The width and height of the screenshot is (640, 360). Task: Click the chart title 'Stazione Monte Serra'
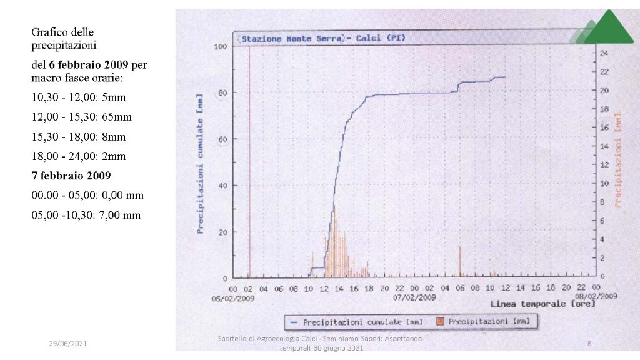(x=292, y=39)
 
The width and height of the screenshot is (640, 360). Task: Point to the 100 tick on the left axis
(x=219, y=47)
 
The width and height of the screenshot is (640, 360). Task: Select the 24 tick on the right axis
(x=604, y=53)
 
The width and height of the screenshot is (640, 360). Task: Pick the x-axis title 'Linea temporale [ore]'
(x=542, y=304)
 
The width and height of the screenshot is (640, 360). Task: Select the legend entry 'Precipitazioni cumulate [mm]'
(x=362, y=322)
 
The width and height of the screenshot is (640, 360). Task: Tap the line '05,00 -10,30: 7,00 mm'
(x=86, y=215)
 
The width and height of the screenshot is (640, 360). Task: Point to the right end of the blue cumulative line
(x=505, y=77)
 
